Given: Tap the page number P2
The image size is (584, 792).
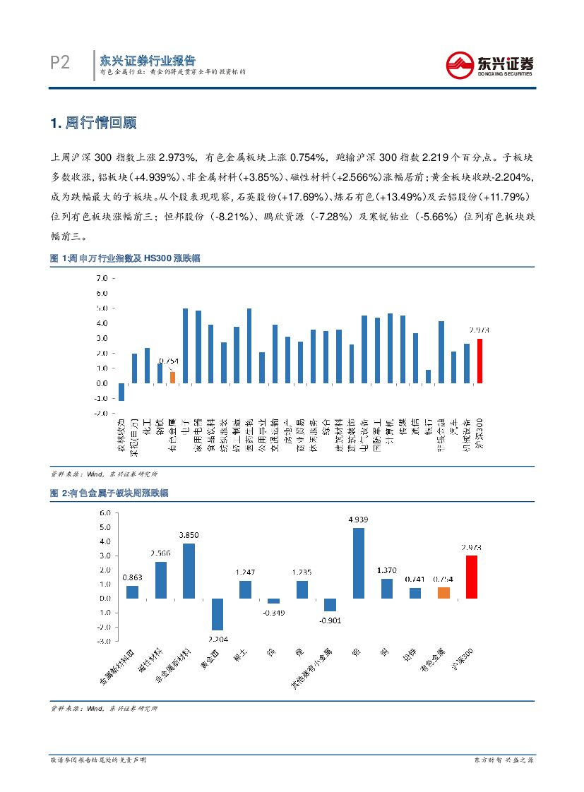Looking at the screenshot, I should tap(60, 64).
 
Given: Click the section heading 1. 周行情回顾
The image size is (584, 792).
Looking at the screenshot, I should tap(93, 123).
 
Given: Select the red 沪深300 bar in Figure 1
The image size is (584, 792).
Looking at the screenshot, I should tap(479, 361).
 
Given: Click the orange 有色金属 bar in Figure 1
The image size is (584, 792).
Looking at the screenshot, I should tap(172, 377).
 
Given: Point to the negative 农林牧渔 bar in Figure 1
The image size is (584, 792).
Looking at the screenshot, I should tap(121, 392).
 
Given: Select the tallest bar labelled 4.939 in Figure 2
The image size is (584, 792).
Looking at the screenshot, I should tap(358, 563).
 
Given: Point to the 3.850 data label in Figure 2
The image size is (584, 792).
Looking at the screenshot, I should tap(188, 536).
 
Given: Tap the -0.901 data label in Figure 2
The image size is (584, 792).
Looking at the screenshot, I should tap(329, 620).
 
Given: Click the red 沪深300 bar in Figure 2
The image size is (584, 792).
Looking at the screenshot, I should tap(471, 577).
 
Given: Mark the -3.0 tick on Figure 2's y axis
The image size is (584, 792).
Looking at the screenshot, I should tap(103, 641).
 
